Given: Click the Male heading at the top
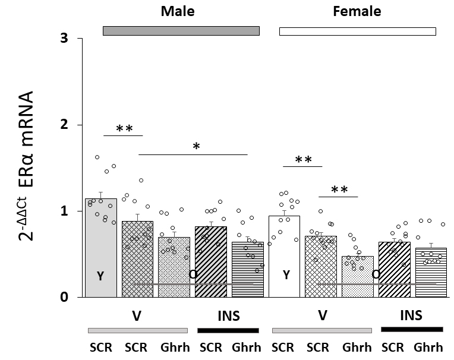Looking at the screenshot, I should (178, 11).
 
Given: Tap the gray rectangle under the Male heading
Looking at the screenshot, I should (181, 30).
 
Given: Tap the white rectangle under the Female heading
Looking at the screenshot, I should (357, 31).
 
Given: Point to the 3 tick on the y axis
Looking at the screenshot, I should (63, 39).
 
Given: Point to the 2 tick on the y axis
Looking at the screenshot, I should (63, 125).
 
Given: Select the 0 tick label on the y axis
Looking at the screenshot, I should (63, 297).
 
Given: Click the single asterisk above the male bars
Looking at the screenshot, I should (196, 146).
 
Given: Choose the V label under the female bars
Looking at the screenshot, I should (322, 315).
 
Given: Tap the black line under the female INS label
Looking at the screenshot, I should (412, 329).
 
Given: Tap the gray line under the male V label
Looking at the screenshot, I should (137, 330).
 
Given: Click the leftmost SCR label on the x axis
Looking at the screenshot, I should (100, 348).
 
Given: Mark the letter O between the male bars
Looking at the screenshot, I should (193, 274).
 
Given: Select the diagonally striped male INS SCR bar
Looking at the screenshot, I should (211, 261).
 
